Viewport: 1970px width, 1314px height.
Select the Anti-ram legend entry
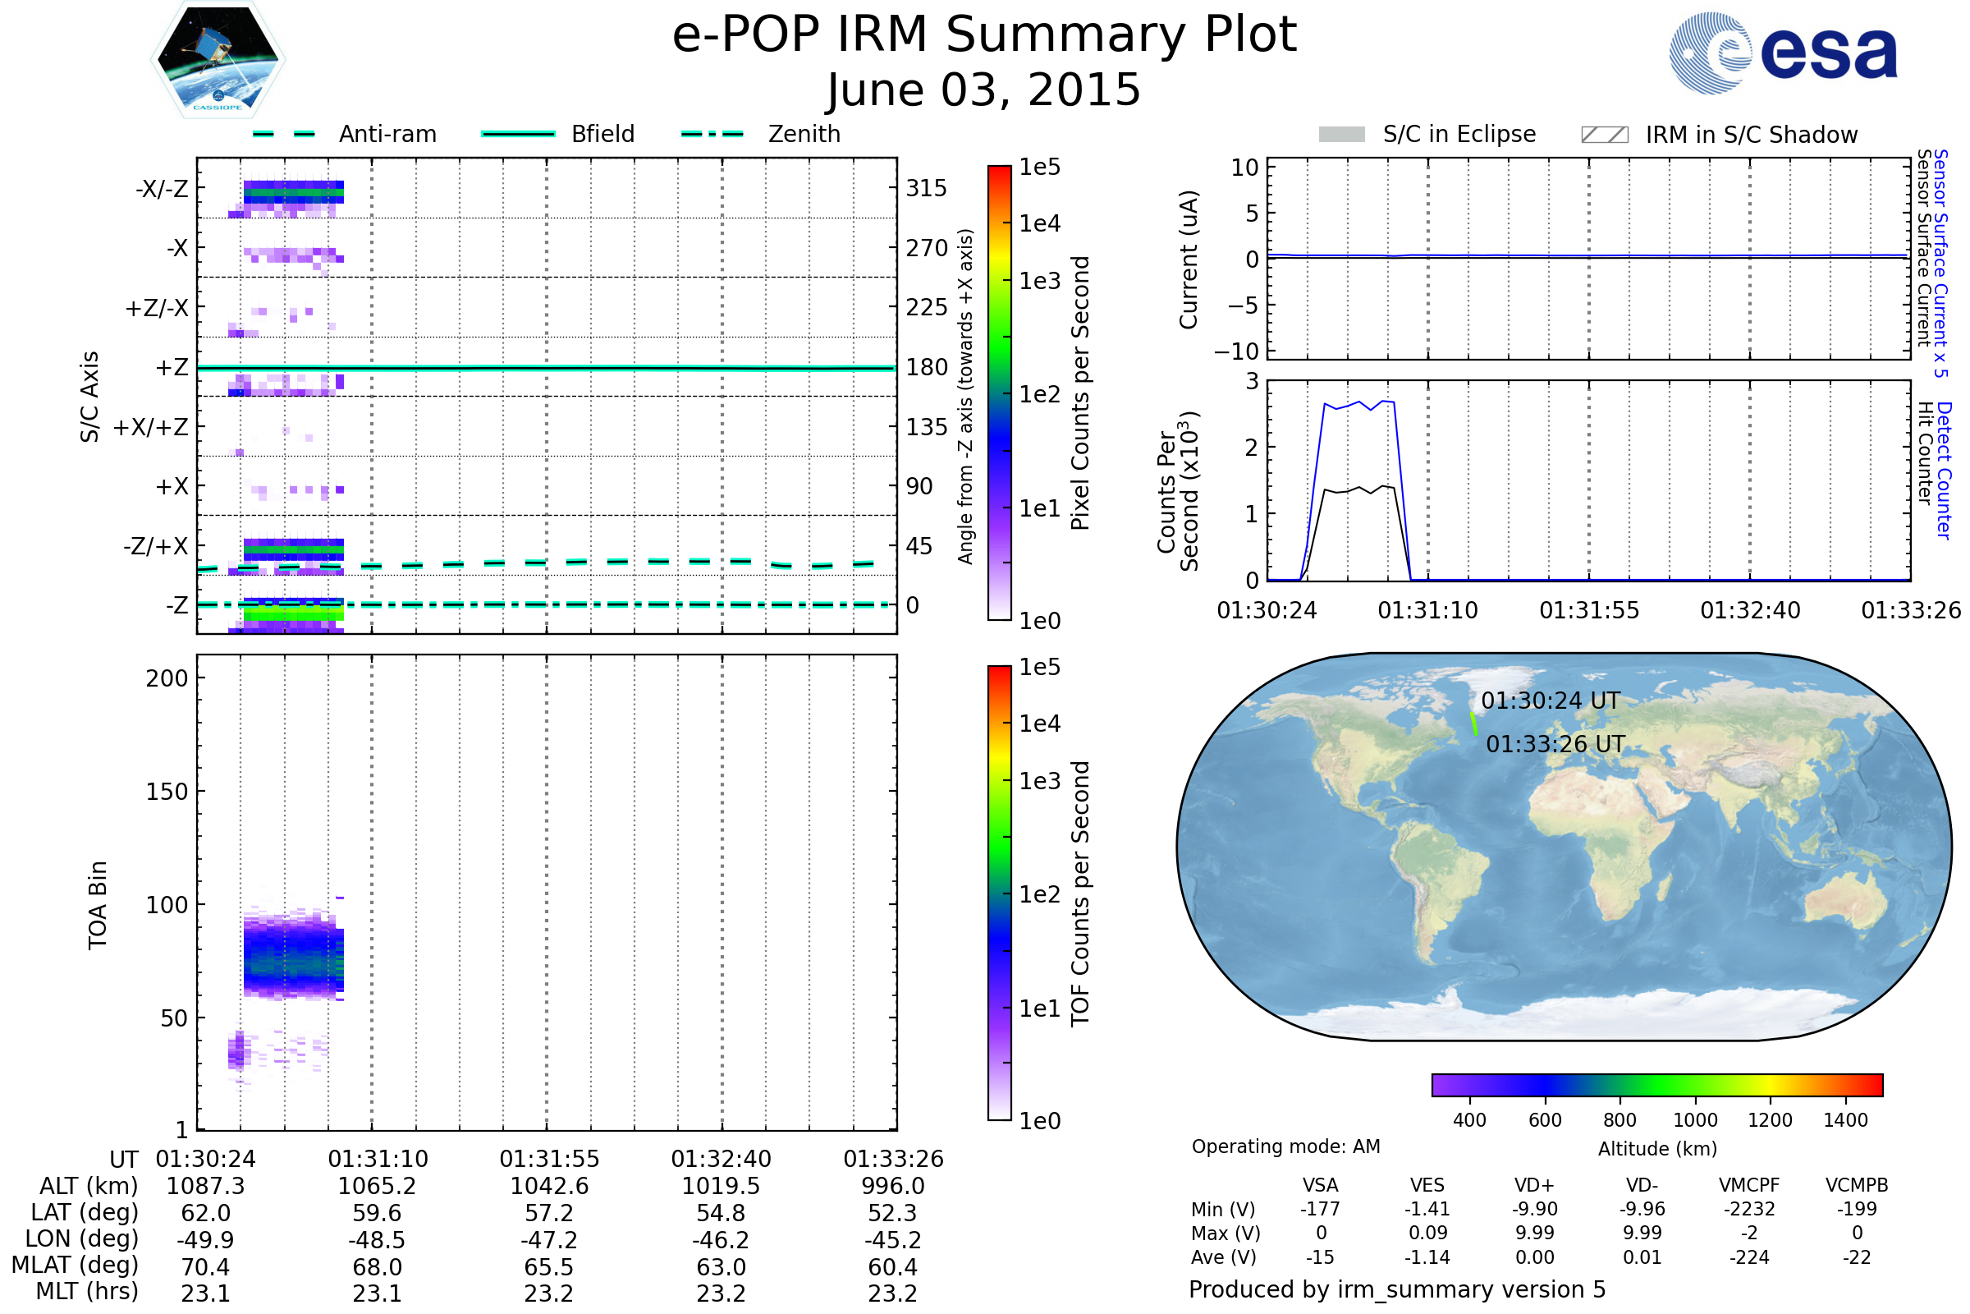point(387,134)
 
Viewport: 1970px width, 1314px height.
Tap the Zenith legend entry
point(804,134)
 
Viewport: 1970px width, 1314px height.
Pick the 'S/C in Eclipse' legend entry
point(1459,134)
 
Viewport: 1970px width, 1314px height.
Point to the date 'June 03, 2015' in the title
point(983,90)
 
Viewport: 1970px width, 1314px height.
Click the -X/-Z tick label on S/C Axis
point(162,189)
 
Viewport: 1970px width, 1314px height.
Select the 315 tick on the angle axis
point(926,189)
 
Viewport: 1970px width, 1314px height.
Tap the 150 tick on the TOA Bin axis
point(167,792)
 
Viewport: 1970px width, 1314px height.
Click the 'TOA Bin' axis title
point(97,905)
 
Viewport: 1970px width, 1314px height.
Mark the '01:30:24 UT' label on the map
point(1551,701)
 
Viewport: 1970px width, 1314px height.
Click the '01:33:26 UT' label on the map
point(1555,744)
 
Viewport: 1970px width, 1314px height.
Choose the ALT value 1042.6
point(549,1187)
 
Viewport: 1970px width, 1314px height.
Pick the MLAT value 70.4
point(205,1267)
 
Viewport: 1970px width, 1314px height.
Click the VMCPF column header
point(1749,1186)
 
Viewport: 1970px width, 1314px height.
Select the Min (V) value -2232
point(1749,1209)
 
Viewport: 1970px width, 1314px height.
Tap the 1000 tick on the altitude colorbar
point(1695,1120)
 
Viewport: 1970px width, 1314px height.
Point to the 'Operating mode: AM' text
point(1285,1146)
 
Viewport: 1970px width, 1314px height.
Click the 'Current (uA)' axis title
point(1189,260)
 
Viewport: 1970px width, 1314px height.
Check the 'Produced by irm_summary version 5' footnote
point(1397,1289)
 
